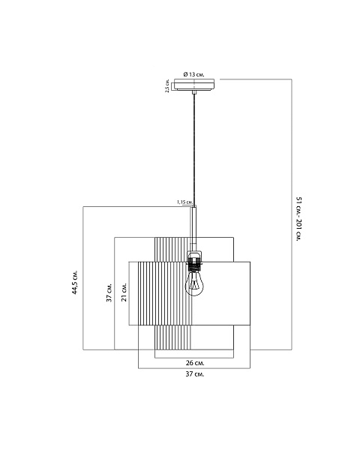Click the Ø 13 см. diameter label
point(193,74)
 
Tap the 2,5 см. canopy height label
point(167,86)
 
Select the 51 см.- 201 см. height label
point(298,219)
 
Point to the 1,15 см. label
point(184,202)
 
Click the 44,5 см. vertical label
point(75,282)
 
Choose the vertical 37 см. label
point(109,292)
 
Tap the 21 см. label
point(124,292)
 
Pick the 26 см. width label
point(195,363)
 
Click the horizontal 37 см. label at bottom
point(195,374)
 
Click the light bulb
point(194,283)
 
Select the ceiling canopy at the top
point(194,85)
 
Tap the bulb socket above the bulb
point(194,261)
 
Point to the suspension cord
point(194,149)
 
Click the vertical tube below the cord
point(194,228)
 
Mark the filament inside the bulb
point(194,284)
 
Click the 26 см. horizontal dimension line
point(194,358)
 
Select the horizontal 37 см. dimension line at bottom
point(194,368)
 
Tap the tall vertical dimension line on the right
point(292,214)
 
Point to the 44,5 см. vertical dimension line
point(83,278)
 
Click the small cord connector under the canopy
point(194,92)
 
